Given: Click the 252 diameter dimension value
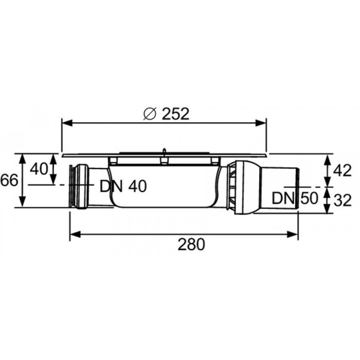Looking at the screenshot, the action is (176, 114).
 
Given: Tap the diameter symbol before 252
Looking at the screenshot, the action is (150, 114).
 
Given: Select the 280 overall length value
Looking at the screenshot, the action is (191, 244).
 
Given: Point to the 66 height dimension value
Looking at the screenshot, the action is (9, 180).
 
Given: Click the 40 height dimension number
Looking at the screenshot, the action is (39, 169).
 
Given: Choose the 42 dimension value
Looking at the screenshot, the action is (343, 171).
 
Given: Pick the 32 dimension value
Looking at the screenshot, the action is (343, 200).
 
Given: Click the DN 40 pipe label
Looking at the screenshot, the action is (123, 186).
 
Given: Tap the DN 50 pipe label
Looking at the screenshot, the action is (295, 198).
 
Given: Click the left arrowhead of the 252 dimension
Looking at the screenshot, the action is (67, 123).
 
